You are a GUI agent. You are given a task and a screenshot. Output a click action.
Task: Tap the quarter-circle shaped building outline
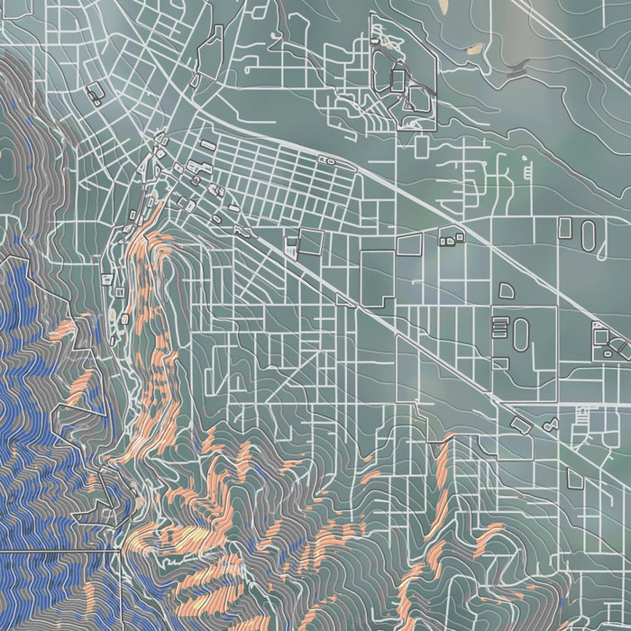[x=505, y=290]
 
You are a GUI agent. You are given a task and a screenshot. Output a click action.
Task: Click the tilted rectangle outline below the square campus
[x=521, y=422]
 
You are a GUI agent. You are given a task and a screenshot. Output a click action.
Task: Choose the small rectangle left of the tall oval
[x=448, y=239]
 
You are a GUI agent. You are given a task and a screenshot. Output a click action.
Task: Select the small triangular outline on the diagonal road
[x=550, y=419]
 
